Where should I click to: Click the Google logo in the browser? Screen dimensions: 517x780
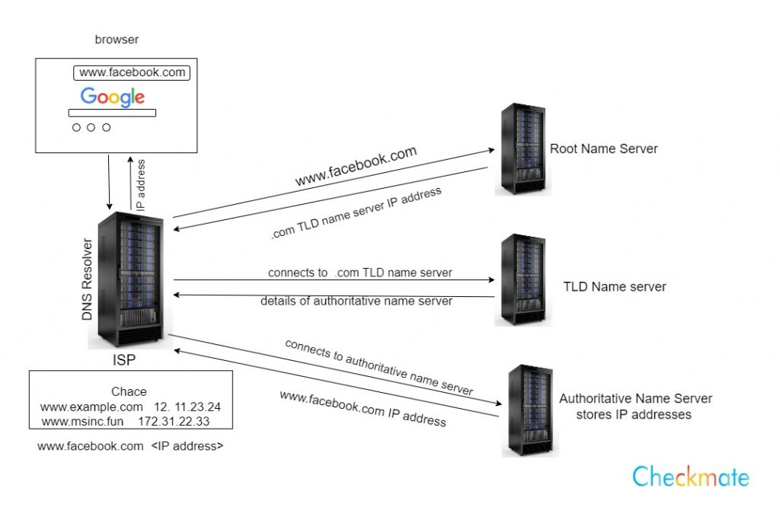(113, 97)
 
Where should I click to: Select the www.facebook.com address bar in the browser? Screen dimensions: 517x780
(132, 73)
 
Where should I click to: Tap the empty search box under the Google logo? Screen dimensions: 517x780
(112, 113)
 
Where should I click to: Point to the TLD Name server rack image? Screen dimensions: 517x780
(523, 279)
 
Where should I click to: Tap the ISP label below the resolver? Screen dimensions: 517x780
(129, 357)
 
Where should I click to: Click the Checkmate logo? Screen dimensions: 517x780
(690, 477)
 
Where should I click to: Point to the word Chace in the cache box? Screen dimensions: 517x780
(129, 391)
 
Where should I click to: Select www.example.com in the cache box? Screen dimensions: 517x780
(91, 407)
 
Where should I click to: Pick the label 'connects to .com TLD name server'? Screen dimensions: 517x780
(360, 273)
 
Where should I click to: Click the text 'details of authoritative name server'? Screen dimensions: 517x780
(356, 301)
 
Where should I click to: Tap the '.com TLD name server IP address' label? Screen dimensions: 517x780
(356, 213)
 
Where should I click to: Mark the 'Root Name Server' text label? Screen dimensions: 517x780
(603, 148)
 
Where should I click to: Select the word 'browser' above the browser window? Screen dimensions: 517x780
(117, 38)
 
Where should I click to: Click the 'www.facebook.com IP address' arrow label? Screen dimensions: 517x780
(363, 408)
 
